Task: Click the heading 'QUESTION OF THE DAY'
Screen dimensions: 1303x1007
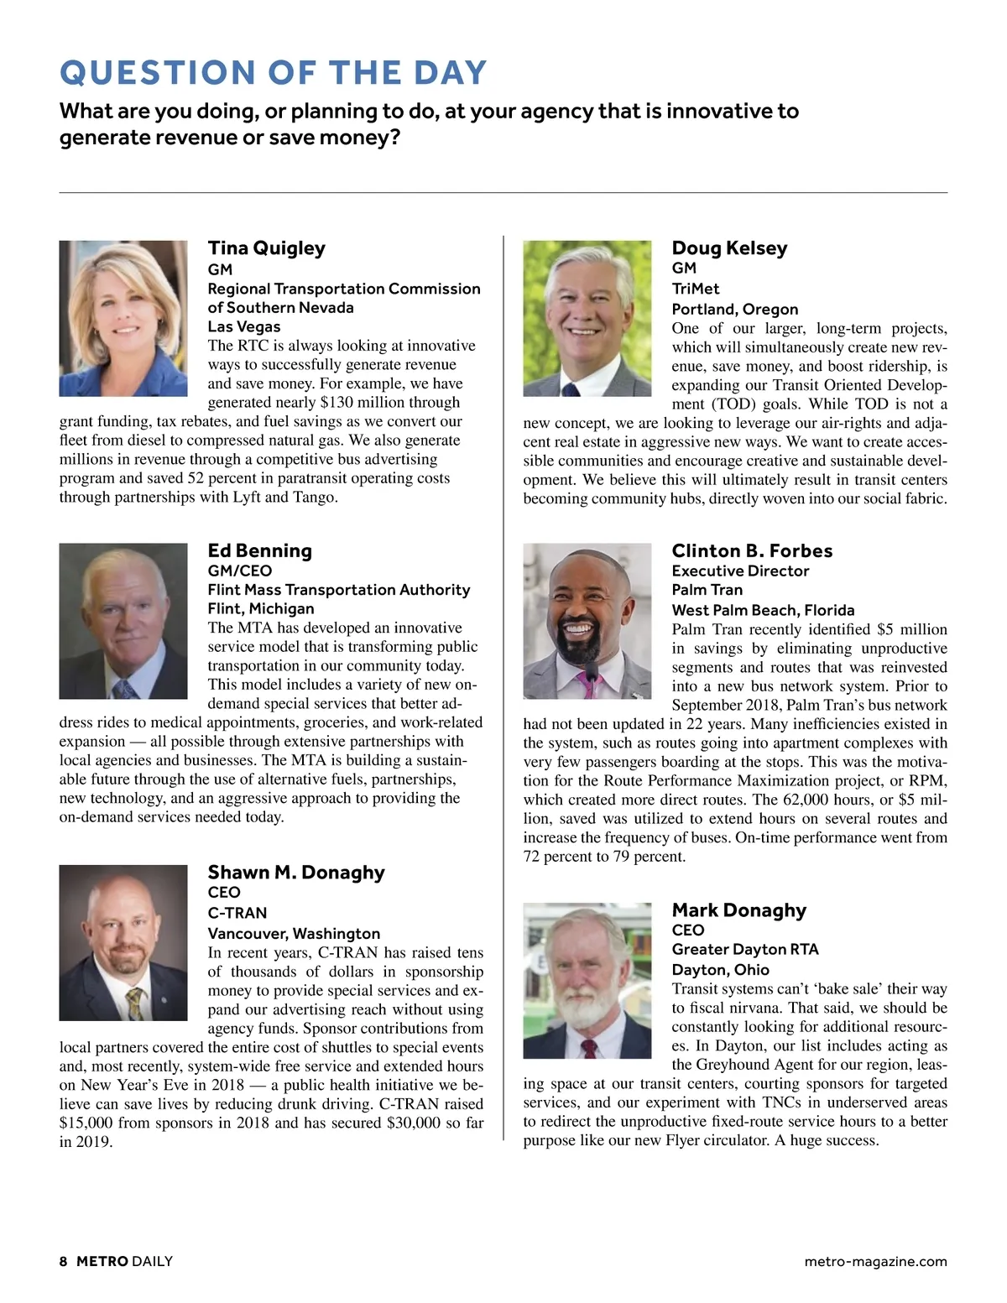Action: click(x=273, y=73)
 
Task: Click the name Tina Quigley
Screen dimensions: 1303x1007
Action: click(x=266, y=248)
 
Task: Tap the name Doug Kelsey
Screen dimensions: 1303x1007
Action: click(x=729, y=248)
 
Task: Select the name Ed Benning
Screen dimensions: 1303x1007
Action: click(x=259, y=551)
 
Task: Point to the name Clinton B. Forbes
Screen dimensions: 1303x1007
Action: click(x=752, y=551)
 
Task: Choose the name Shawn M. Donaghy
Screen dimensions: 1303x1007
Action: click(x=295, y=873)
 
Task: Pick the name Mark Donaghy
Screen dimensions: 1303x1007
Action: click(x=738, y=910)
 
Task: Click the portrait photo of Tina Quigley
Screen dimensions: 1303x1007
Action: click(x=123, y=318)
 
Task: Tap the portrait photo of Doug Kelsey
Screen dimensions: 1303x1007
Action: click(x=587, y=318)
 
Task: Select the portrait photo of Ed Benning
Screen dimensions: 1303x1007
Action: click(x=123, y=621)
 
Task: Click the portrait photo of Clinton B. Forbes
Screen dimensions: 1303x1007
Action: click(x=587, y=621)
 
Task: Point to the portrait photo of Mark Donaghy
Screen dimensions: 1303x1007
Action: click(x=587, y=980)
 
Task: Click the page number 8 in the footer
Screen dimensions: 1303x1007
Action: click(x=64, y=1261)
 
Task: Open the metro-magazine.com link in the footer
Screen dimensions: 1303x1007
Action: click(x=875, y=1261)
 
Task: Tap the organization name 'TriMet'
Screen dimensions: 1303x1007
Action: click(x=695, y=289)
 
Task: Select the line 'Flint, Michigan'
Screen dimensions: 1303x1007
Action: click(x=260, y=609)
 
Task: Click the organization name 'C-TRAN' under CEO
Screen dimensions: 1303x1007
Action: click(x=237, y=913)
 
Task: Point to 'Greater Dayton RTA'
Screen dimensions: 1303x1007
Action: click(x=744, y=950)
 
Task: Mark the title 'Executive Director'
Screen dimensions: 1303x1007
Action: click(x=740, y=571)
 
